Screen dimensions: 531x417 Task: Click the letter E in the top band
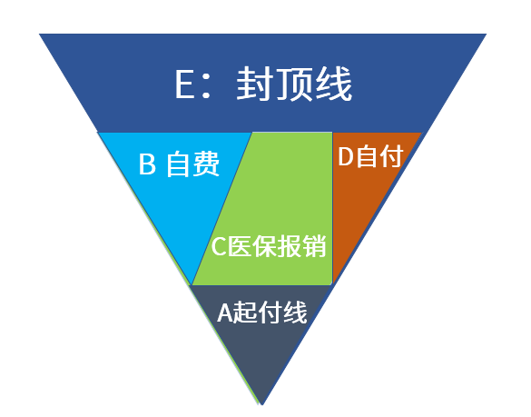pyautogui.click(x=185, y=84)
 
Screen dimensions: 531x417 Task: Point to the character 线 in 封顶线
pyautogui.click(x=333, y=84)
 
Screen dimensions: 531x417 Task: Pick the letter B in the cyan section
pyautogui.click(x=148, y=164)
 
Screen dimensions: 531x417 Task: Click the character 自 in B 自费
pyautogui.click(x=177, y=164)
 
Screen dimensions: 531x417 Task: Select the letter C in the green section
pyautogui.click(x=219, y=246)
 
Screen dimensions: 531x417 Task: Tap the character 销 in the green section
pyautogui.click(x=314, y=246)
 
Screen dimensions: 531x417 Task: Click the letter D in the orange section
pyautogui.click(x=346, y=156)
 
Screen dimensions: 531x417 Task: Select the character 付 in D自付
pyautogui.click(x=391, y=156)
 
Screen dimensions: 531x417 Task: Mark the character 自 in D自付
pyautogui.click(x=367, y=156)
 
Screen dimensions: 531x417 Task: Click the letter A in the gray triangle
pyautogui.click(x=225, y=313)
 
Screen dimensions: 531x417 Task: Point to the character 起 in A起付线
pyautogui.click(x=245, y=312)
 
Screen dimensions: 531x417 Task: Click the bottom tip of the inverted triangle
pyautogui.click(x=261, y=404)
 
